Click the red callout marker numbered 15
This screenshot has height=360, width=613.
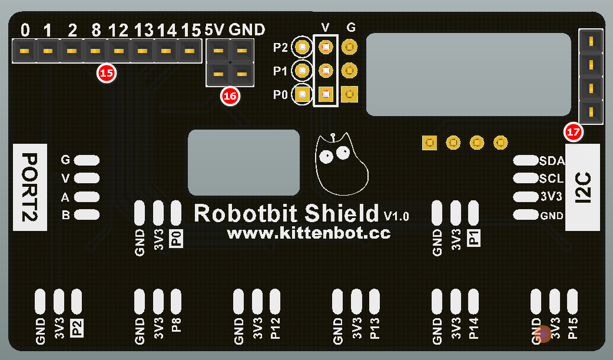107,74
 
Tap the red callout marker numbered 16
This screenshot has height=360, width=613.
230,96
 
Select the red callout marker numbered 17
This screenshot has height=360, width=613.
573,132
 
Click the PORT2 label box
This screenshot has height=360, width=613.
30,187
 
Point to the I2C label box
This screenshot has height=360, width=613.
582,187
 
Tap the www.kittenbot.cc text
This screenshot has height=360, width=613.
309,233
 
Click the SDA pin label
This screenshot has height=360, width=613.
552,160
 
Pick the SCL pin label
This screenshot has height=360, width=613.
552,179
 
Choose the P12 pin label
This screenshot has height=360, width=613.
275,328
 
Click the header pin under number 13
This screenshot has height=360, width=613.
142,51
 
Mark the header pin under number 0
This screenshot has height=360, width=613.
24,51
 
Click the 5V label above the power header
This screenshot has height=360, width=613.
216,29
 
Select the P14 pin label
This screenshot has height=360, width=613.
473,328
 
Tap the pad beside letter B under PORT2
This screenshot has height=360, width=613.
87,215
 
